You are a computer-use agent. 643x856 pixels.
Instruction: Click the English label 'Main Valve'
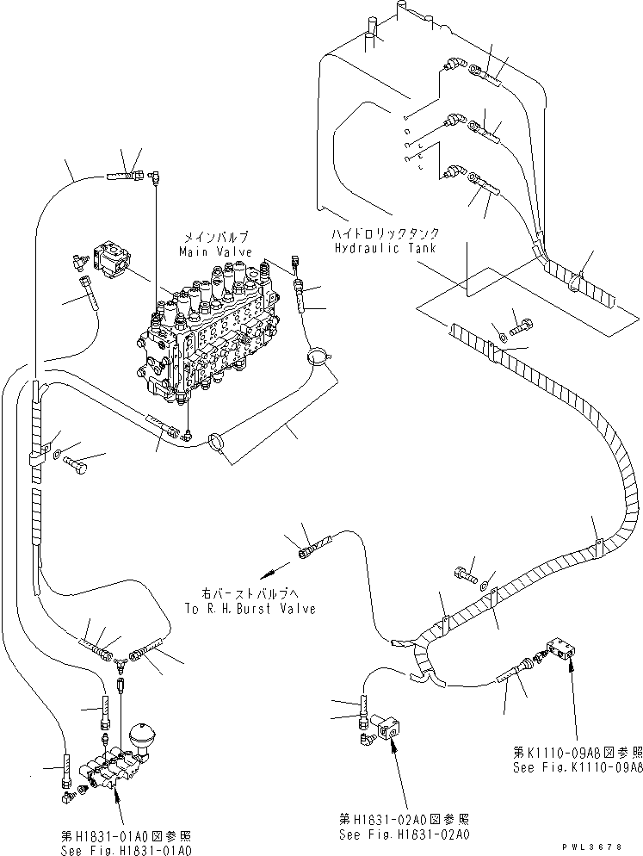tap(215, 251)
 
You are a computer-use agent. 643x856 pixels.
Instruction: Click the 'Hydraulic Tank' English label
tap(383, 247)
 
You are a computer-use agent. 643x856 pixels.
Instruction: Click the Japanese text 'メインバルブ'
tap(215, 236)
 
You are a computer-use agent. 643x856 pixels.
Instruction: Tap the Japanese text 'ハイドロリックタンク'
tap(383, 233)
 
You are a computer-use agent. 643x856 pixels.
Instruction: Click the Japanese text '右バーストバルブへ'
tap(255, 594)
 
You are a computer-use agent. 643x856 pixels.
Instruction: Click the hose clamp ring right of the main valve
tap(318, 354)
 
